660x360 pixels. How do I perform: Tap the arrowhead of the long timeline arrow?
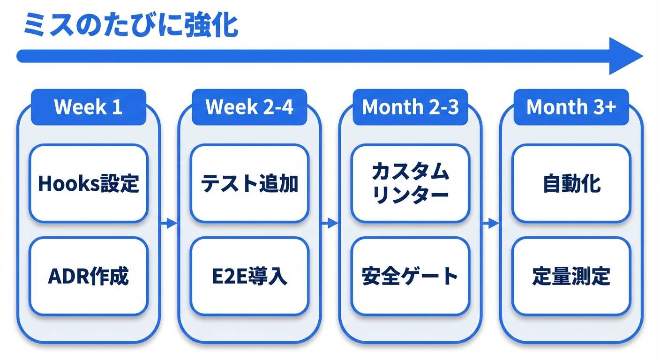[625, 56]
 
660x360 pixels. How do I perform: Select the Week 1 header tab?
[88, 107]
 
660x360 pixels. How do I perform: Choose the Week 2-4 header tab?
[249, 107]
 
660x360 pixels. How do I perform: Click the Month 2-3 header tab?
[410, 107]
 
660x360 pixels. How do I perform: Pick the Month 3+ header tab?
[571, 107]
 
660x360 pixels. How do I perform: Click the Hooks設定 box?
[88, 183]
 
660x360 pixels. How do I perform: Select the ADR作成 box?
[88, 276]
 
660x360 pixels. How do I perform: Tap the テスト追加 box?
[249, 183]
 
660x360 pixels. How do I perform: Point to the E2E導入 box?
[249, 276]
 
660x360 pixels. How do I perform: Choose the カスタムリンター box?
[410, 183]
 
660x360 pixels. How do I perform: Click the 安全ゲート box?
[410, 276]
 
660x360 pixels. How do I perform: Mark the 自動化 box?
[571, 183]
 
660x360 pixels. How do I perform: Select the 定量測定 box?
[571, 276]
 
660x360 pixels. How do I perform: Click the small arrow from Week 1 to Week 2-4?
[169, 223]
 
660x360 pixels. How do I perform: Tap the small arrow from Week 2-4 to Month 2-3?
[330, 223]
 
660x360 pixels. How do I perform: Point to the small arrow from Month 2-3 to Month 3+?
[490, 223]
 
